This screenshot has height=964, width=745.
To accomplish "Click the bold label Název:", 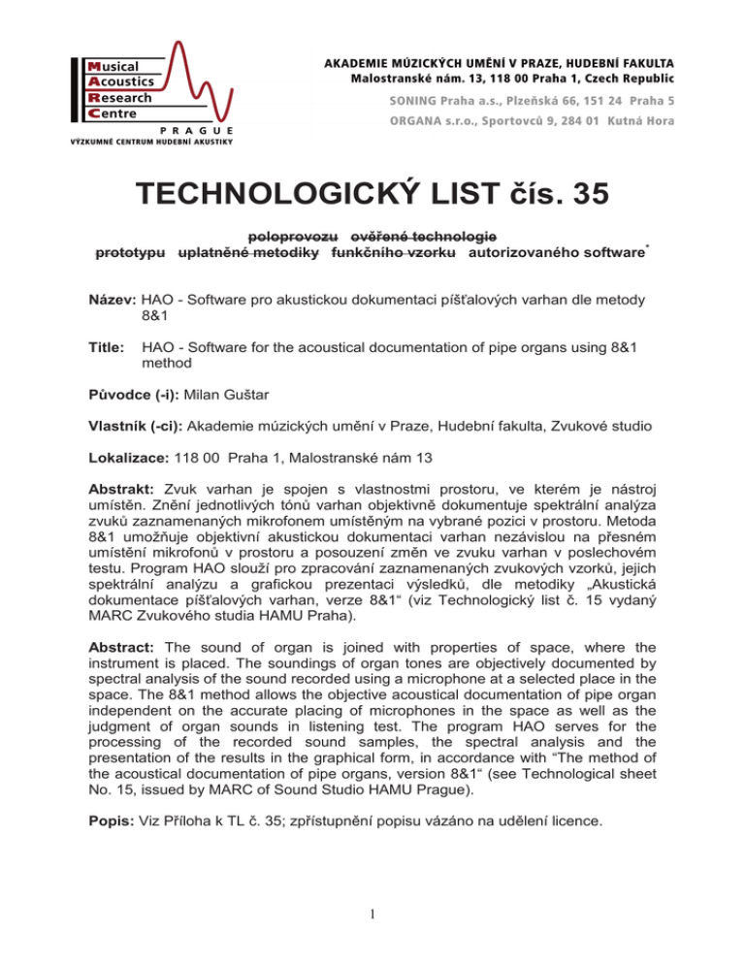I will (114, 302).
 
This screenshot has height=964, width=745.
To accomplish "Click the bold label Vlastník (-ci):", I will (135, 425).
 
